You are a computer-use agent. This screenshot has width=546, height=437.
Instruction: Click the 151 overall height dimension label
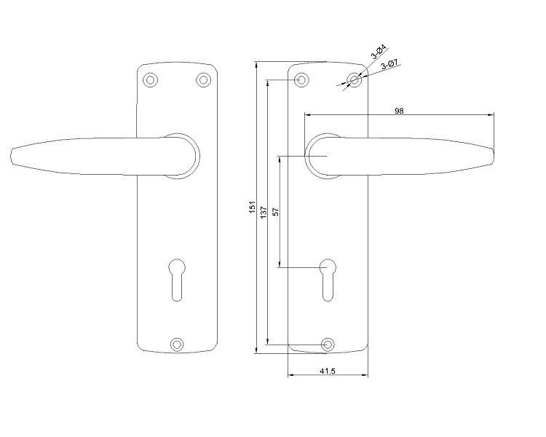click(x=253, y=207)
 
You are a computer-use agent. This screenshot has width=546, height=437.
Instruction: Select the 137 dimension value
click(x=264, y=213)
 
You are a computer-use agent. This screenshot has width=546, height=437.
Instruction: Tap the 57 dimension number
click(x=275, y=211)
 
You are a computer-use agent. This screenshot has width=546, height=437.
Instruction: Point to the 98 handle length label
click(x=399, y=111)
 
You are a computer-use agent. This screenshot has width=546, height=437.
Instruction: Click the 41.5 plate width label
click(x=328, y=371)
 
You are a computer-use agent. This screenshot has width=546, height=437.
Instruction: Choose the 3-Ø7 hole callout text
click(x=389, y=65)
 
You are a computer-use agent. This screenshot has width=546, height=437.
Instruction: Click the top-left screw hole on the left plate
click(x=151, y=80)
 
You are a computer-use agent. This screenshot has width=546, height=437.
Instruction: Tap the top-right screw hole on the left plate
click(x=203, y=80)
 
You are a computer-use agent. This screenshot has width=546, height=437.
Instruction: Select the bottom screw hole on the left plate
click(x=177, y=345)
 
